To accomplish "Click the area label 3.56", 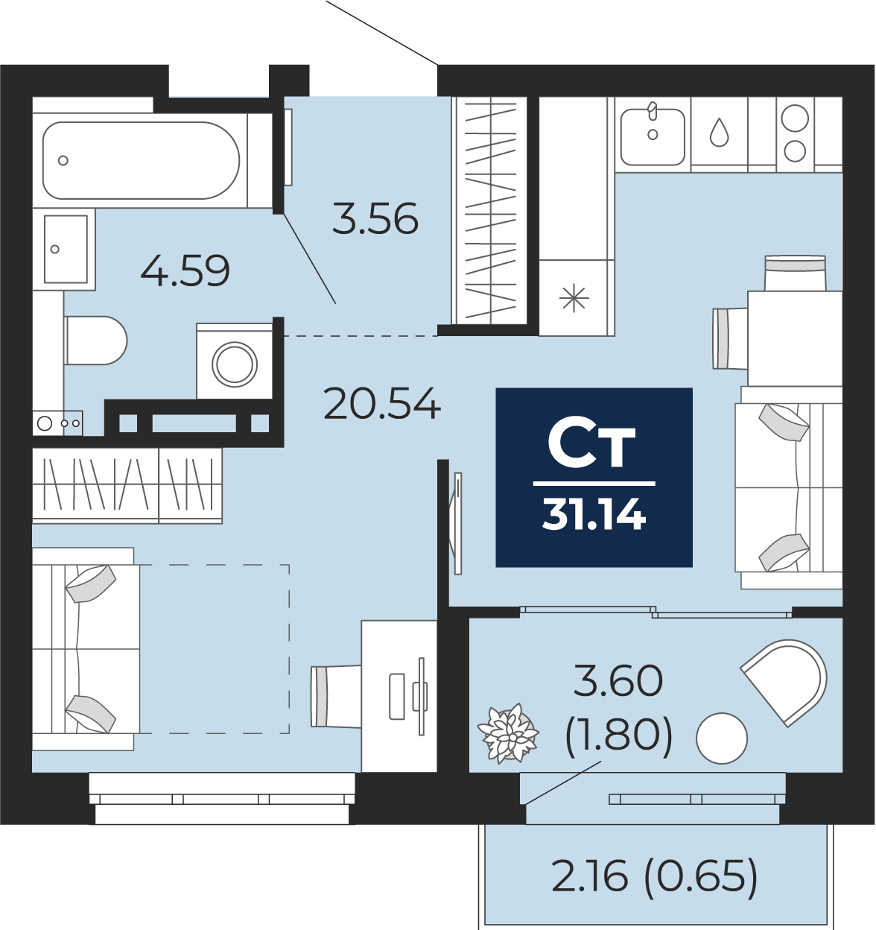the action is (375, 218).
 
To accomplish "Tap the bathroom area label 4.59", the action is (185, 271).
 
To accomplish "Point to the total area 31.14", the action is (594, 515).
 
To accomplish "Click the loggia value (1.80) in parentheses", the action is (619, 739).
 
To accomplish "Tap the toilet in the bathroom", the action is (96, 341).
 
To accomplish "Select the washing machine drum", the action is (235, 364).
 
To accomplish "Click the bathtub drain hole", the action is (63, 161).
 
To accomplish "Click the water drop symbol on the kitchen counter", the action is (719, 132).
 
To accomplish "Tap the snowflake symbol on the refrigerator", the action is (574, 298).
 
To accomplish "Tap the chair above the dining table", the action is (795, 273).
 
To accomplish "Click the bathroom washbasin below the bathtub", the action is (64, 249).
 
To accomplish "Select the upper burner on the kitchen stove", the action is (795, 118).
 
